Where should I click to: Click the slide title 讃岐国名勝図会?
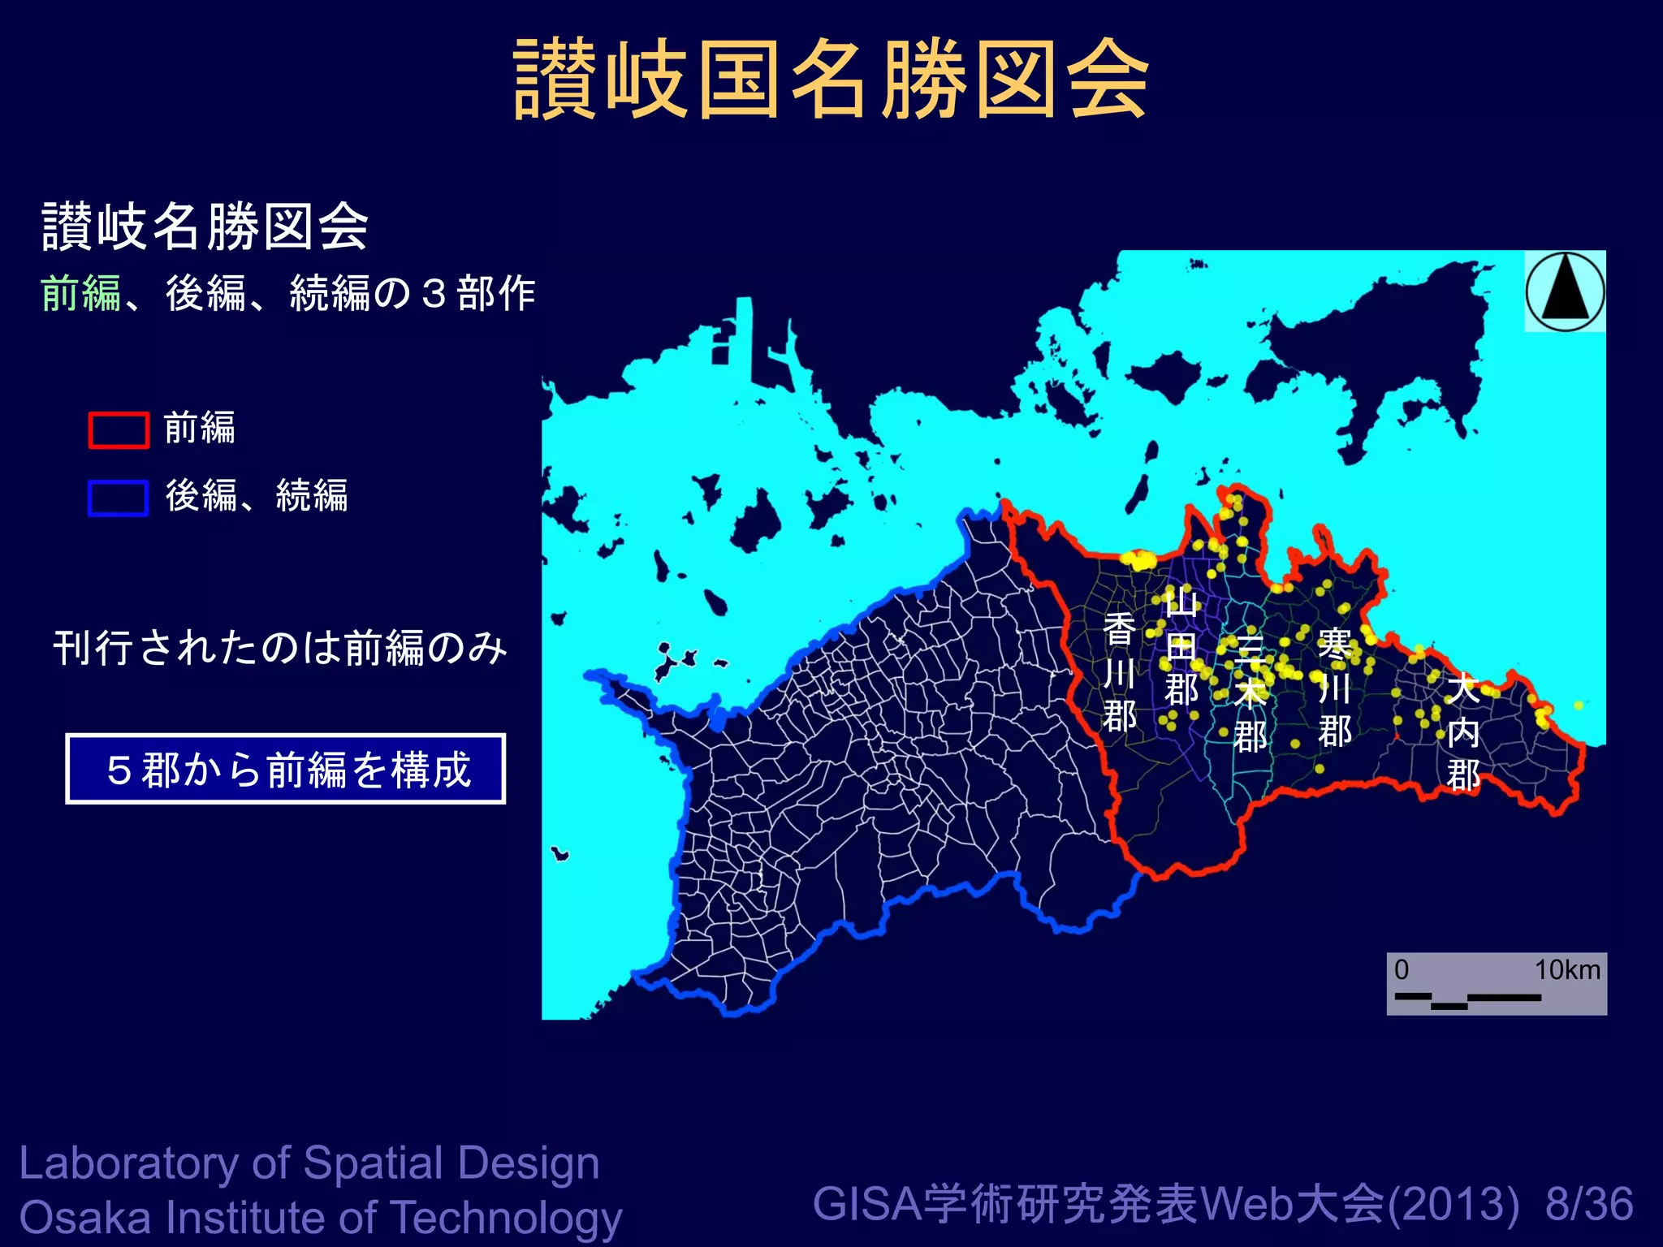pyautogui.click(x=831, y=80)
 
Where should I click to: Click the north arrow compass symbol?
pyautogui.click(x=1565, y=291)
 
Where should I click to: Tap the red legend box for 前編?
pyautogui.click(x=119, y=429)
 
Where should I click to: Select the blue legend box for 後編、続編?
pyautogui.click(x=119, y=498)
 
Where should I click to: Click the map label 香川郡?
pyautogui.click(x=1120, y=672)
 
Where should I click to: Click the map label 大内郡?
pyautogui.click(x=1462, y=731)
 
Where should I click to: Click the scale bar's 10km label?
pyautogui.click(x=1566, y=969)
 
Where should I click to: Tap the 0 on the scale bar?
pyautogui.click(x=1402, y=969)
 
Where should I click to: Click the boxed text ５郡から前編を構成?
pyautogui.click(x=286, y=769)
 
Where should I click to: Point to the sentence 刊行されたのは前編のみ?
pyautogui.click(x=280, y=648)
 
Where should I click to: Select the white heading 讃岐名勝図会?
pyautogui.click(x=205, y=227)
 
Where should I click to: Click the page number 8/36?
pyautogui.click(x=1589, y=1204)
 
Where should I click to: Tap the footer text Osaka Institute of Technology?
pyautogui.click(x=320, y=1218)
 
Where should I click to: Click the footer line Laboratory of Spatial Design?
pyautogui.click(x=309, y=1163)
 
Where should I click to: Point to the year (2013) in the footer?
pyautogui.click(x=1453, y=1204)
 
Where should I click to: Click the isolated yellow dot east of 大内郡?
pyautogui.click(x=1578, y=705)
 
